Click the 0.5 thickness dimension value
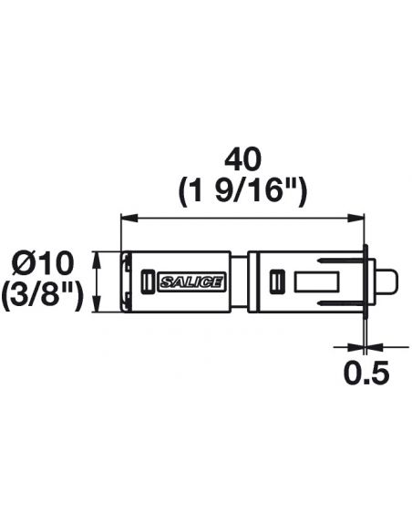[366, 373]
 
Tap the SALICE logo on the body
[191, 281]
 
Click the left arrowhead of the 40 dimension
[129, 218]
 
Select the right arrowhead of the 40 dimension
[355, 218]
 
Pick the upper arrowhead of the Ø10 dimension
[97, 260]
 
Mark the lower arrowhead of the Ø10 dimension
[97, 303]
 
